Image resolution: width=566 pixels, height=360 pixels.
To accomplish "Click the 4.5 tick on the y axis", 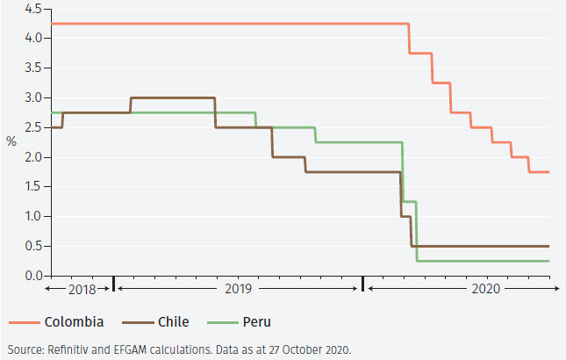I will point(31,9).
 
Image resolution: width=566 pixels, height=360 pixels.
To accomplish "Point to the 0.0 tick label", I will point(31,276).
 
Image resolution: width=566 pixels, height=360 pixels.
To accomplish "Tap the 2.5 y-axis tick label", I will point(31,127).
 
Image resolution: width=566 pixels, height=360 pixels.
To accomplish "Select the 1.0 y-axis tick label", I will point(31,217).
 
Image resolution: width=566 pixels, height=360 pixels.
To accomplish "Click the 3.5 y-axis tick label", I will point(31,68).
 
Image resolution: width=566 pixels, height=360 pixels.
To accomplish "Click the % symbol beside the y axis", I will point(11,141).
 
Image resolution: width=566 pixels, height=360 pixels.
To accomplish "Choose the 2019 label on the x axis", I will point(238,288).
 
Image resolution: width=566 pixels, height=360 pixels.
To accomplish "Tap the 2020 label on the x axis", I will point(485,288).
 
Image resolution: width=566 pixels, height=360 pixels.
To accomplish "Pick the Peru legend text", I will point(255,321).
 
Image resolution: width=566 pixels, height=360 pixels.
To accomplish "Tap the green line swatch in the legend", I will point(219,321).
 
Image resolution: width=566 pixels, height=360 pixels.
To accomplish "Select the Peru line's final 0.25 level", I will point(483,261).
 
